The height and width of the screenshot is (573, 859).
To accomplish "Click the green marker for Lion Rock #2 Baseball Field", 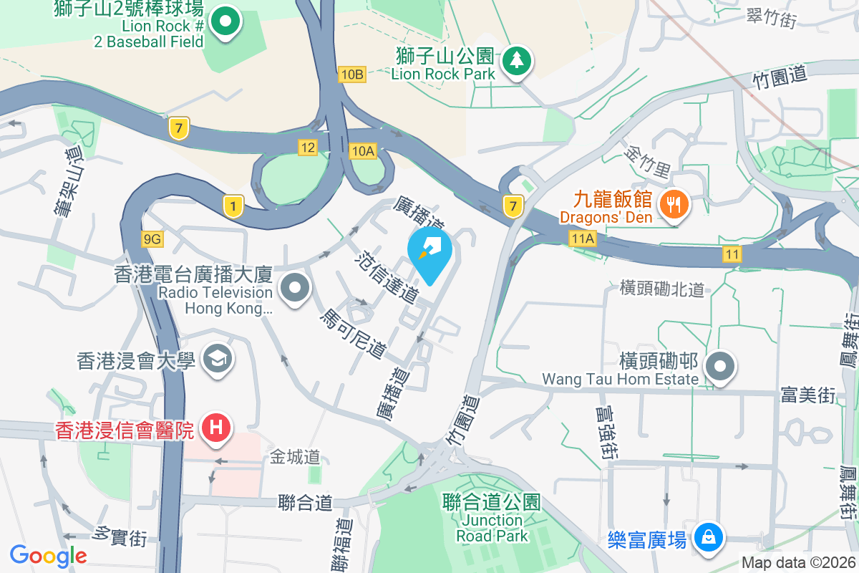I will (x=226, y=21).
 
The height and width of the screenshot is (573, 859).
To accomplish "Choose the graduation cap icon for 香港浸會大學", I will (x=216, y=360).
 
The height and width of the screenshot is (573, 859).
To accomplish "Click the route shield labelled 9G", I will (x=152, y=239).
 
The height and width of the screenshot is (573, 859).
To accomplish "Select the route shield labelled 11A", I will (x=583, y=238).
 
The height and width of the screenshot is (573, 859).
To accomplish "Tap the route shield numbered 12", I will (x=308, y=148).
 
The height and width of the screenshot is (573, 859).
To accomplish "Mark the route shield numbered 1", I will (x=232, y=207).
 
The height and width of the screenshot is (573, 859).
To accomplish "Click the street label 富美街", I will (x=807, y=394).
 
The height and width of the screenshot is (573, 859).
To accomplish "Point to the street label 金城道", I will (x=295, y=456).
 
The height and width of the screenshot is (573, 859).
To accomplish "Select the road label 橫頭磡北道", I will (x=663, y=289).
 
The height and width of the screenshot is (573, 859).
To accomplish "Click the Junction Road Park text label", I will (x=492, y=528).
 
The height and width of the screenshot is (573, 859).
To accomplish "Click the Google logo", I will (x=48, y=555).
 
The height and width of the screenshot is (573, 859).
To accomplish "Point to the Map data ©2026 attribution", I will (x=797, y=563).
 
